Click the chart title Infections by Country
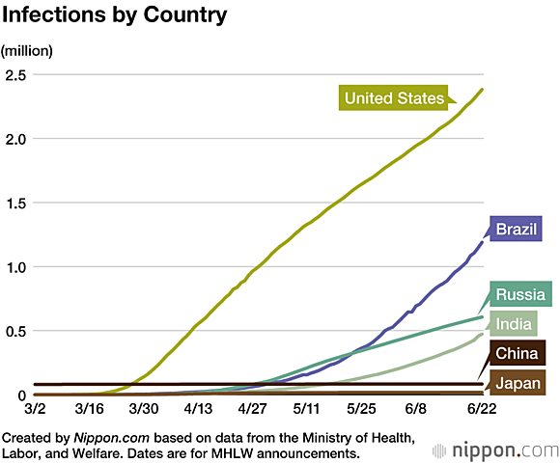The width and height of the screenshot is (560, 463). coord(115,16)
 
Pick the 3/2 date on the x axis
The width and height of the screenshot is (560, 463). coord(36,409)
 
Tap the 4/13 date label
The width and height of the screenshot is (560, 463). coord(199,409)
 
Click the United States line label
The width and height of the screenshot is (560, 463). coord(394,98)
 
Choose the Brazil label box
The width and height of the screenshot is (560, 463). coord(518,230)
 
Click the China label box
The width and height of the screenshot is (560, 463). coord(518,353)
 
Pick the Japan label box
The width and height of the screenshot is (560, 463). coord(518,383)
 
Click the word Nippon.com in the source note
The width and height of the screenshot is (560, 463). coord(101,437)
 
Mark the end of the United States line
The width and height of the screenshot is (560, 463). coord(482,90)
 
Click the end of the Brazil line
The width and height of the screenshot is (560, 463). coord(482,241)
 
